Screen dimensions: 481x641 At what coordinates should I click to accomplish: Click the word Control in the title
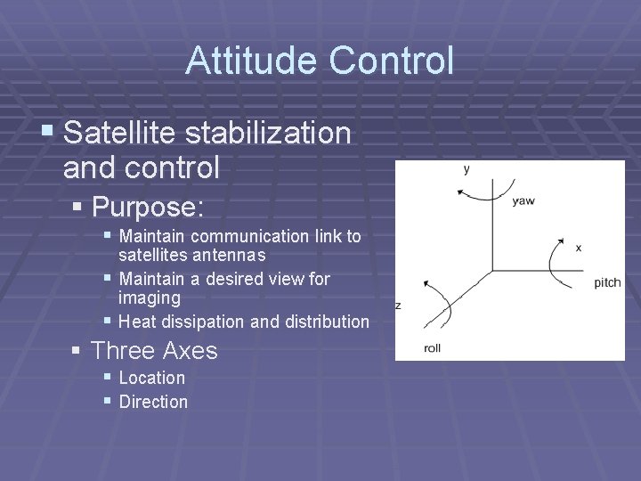(391, 61)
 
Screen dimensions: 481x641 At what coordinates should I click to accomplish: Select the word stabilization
(268, 134)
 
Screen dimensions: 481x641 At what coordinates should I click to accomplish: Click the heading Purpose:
(148, 208)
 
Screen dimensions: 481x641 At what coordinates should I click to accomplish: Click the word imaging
(149, 298)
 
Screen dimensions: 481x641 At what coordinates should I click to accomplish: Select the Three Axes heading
(154, 351)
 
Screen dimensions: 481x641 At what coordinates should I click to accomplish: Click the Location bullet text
(151, 378)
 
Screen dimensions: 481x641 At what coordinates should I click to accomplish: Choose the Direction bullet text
(153, 402)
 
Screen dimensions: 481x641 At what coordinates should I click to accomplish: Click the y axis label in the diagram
(467, 169)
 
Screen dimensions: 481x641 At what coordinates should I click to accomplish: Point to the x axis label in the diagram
(578, 247)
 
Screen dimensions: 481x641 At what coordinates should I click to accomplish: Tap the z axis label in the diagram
(398, 306)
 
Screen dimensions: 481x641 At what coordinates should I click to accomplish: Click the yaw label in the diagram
(523, 201)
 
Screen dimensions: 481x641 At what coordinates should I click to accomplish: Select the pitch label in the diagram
(607, 282)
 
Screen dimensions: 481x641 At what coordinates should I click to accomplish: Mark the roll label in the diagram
(432, 348)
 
